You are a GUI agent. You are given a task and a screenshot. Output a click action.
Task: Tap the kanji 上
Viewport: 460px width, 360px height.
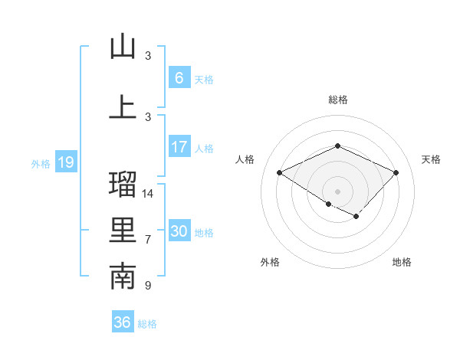123,106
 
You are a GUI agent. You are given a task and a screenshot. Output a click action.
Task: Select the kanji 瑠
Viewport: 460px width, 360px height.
123,184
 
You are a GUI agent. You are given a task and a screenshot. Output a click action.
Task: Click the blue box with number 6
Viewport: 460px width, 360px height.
179,77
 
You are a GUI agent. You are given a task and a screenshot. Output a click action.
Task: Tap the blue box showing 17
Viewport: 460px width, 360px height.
179,146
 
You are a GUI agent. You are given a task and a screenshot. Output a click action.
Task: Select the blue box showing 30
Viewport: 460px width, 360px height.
179,231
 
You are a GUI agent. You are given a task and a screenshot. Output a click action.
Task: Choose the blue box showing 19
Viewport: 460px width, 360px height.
65,162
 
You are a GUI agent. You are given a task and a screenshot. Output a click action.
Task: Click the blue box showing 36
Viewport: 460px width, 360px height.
123,322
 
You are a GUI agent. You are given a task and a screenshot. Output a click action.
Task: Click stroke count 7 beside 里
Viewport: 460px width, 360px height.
148,240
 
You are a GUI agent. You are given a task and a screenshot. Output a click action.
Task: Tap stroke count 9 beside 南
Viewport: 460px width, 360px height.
148,286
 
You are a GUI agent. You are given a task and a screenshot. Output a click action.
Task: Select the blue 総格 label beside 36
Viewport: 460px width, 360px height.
147,324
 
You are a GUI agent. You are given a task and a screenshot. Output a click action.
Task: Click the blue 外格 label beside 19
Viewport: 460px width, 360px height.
40,163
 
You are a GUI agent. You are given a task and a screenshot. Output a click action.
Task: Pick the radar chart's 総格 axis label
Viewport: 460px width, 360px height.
337,100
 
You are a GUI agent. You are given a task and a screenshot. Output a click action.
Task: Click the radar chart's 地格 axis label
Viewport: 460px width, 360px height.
402,262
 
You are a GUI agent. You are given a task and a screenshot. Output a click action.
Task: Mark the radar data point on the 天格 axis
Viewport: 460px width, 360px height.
396,172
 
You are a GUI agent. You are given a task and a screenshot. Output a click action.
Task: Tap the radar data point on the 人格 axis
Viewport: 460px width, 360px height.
280,172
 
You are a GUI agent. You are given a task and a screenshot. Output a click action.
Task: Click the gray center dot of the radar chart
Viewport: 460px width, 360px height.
337,191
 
